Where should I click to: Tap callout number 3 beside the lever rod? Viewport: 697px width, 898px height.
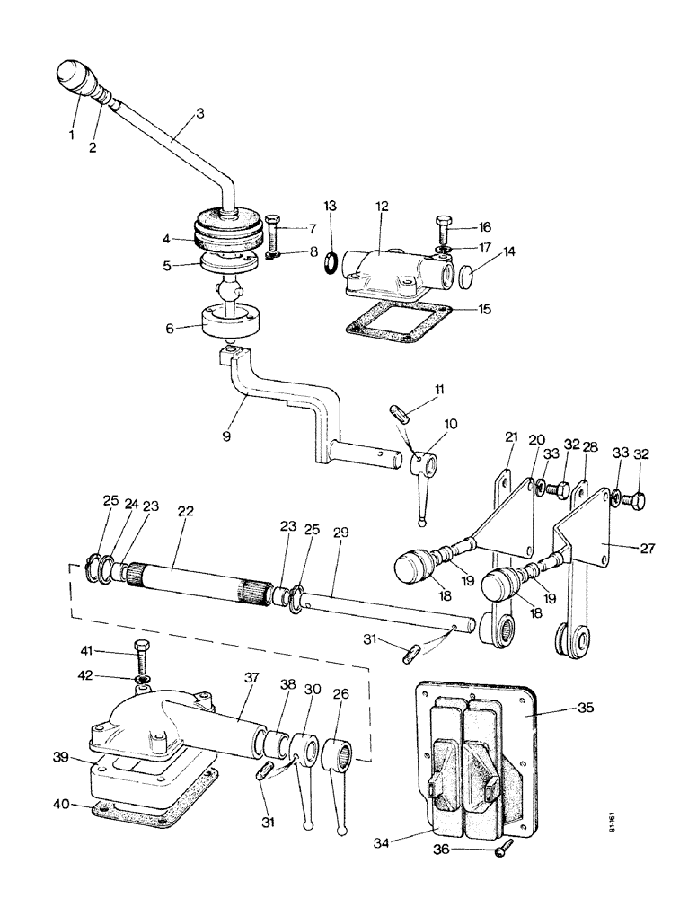point(200,114)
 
